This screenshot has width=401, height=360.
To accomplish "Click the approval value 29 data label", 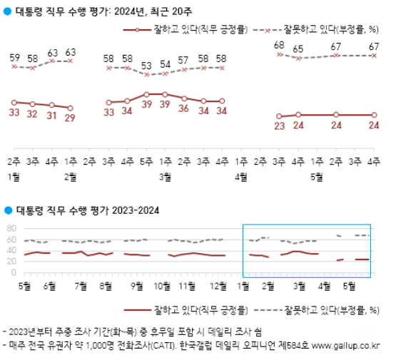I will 71,118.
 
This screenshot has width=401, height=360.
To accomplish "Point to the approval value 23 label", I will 280,126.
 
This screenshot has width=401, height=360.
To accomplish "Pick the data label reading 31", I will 51,116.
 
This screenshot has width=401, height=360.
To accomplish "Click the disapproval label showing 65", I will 298,48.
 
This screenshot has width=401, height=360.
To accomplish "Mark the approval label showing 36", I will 184,109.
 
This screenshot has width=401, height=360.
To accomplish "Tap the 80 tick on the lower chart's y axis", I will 11,228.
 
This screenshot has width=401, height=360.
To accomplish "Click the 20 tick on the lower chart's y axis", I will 11,261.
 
